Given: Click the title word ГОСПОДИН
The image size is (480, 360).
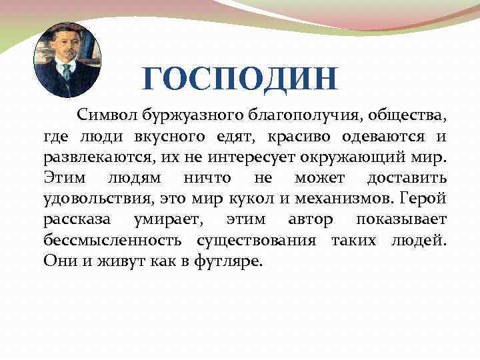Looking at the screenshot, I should [240, 79].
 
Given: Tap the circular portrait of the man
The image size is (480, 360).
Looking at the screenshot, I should [67, 60].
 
